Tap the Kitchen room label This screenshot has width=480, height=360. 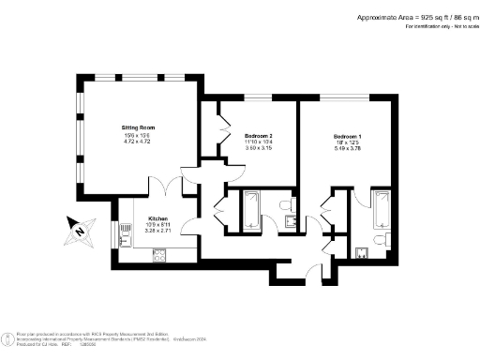[157, 218]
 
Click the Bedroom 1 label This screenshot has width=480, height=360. [347, 137]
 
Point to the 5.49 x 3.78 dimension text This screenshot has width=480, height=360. [347, 150]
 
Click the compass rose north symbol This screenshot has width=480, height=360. [81, 228]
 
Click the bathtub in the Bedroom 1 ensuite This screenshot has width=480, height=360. [382, 210]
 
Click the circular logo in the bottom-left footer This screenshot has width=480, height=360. [7, 339]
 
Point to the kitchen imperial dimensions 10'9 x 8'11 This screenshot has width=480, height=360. [157, 225]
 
